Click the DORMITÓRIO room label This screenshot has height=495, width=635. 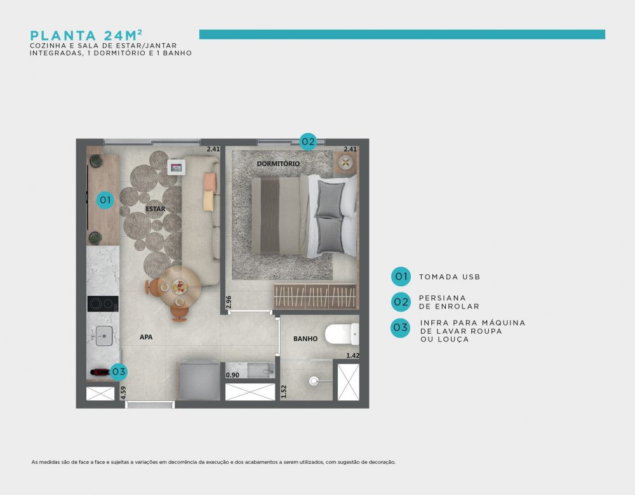tap(278, 164)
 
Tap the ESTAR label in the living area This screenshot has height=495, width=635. tap(156, 209)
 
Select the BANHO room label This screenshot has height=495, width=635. tap(305, 339)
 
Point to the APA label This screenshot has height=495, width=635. tap(146, 337)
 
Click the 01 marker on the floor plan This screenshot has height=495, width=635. tap(105, 200)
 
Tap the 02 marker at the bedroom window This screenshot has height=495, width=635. tap(308, 142)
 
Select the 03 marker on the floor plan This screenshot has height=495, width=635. tap(119, 371)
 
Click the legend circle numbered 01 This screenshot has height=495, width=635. tap(401, 277)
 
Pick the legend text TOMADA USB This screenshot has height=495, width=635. tap(450, 277)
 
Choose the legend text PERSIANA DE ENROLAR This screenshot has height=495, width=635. tap(449, 302)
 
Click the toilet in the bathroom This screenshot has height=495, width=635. tap(342, 334)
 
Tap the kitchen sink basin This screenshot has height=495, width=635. tap(104, 336)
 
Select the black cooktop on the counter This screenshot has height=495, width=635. tap(103, 303)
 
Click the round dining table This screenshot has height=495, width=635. tap(179, 287)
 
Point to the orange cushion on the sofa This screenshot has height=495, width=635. tap(210, 181)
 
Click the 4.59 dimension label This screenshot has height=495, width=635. tap(123, 393)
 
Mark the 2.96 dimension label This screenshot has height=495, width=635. tap(229, 302)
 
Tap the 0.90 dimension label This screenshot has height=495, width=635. tap(232, 375)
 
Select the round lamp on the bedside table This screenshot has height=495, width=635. tap(345, 162)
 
